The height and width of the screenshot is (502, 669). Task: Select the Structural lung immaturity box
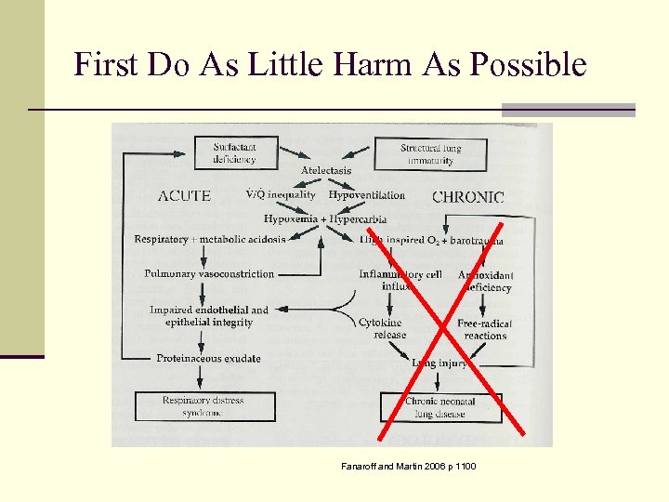(x=430, y=154)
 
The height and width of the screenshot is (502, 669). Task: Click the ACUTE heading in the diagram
(x=184, y=196)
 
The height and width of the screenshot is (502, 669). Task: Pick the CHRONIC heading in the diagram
(x=468, y=197)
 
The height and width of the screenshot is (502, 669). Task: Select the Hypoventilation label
(x=367, y=195)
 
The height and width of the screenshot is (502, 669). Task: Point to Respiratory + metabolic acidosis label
(x=210, y=240)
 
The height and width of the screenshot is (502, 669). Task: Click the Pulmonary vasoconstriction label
(x=209, y=274)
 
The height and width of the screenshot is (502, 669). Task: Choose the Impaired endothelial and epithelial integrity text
(x=209, y=316)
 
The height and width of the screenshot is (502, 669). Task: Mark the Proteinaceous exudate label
(x=208, y=359)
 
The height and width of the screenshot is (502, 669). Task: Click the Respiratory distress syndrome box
(x=202, y=406)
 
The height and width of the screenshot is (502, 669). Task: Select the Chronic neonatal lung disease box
(x=440, y=407)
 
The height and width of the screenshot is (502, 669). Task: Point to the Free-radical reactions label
(x=485, y=330)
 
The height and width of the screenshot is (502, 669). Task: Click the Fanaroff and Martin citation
(x=408, y=465)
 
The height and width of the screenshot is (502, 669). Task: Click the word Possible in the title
(x=529, y=64)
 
